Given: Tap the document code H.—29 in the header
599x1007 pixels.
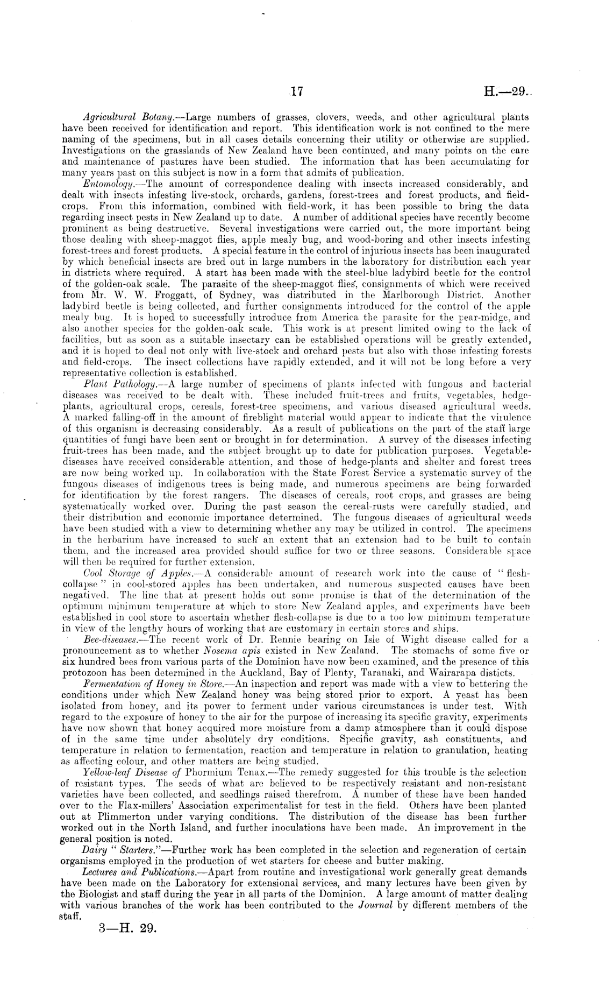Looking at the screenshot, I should tap(505, 92).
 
